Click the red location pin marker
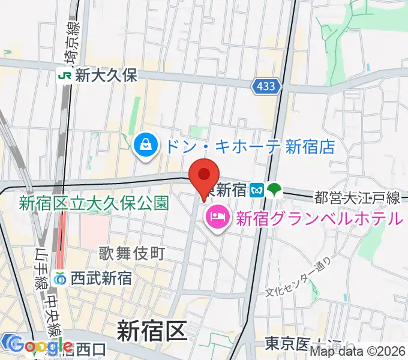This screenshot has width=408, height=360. pos(204,175)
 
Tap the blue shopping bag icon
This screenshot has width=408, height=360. pos(146,144)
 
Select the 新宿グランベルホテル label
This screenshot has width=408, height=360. pos(319,217)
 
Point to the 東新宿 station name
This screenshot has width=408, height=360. pos(229,190)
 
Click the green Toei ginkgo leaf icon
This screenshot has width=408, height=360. pos(274,190)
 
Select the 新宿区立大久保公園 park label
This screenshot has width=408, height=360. pos(94,203)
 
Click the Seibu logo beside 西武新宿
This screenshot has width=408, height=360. pos(61,278)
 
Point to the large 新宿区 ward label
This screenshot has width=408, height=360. pos(152,330)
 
